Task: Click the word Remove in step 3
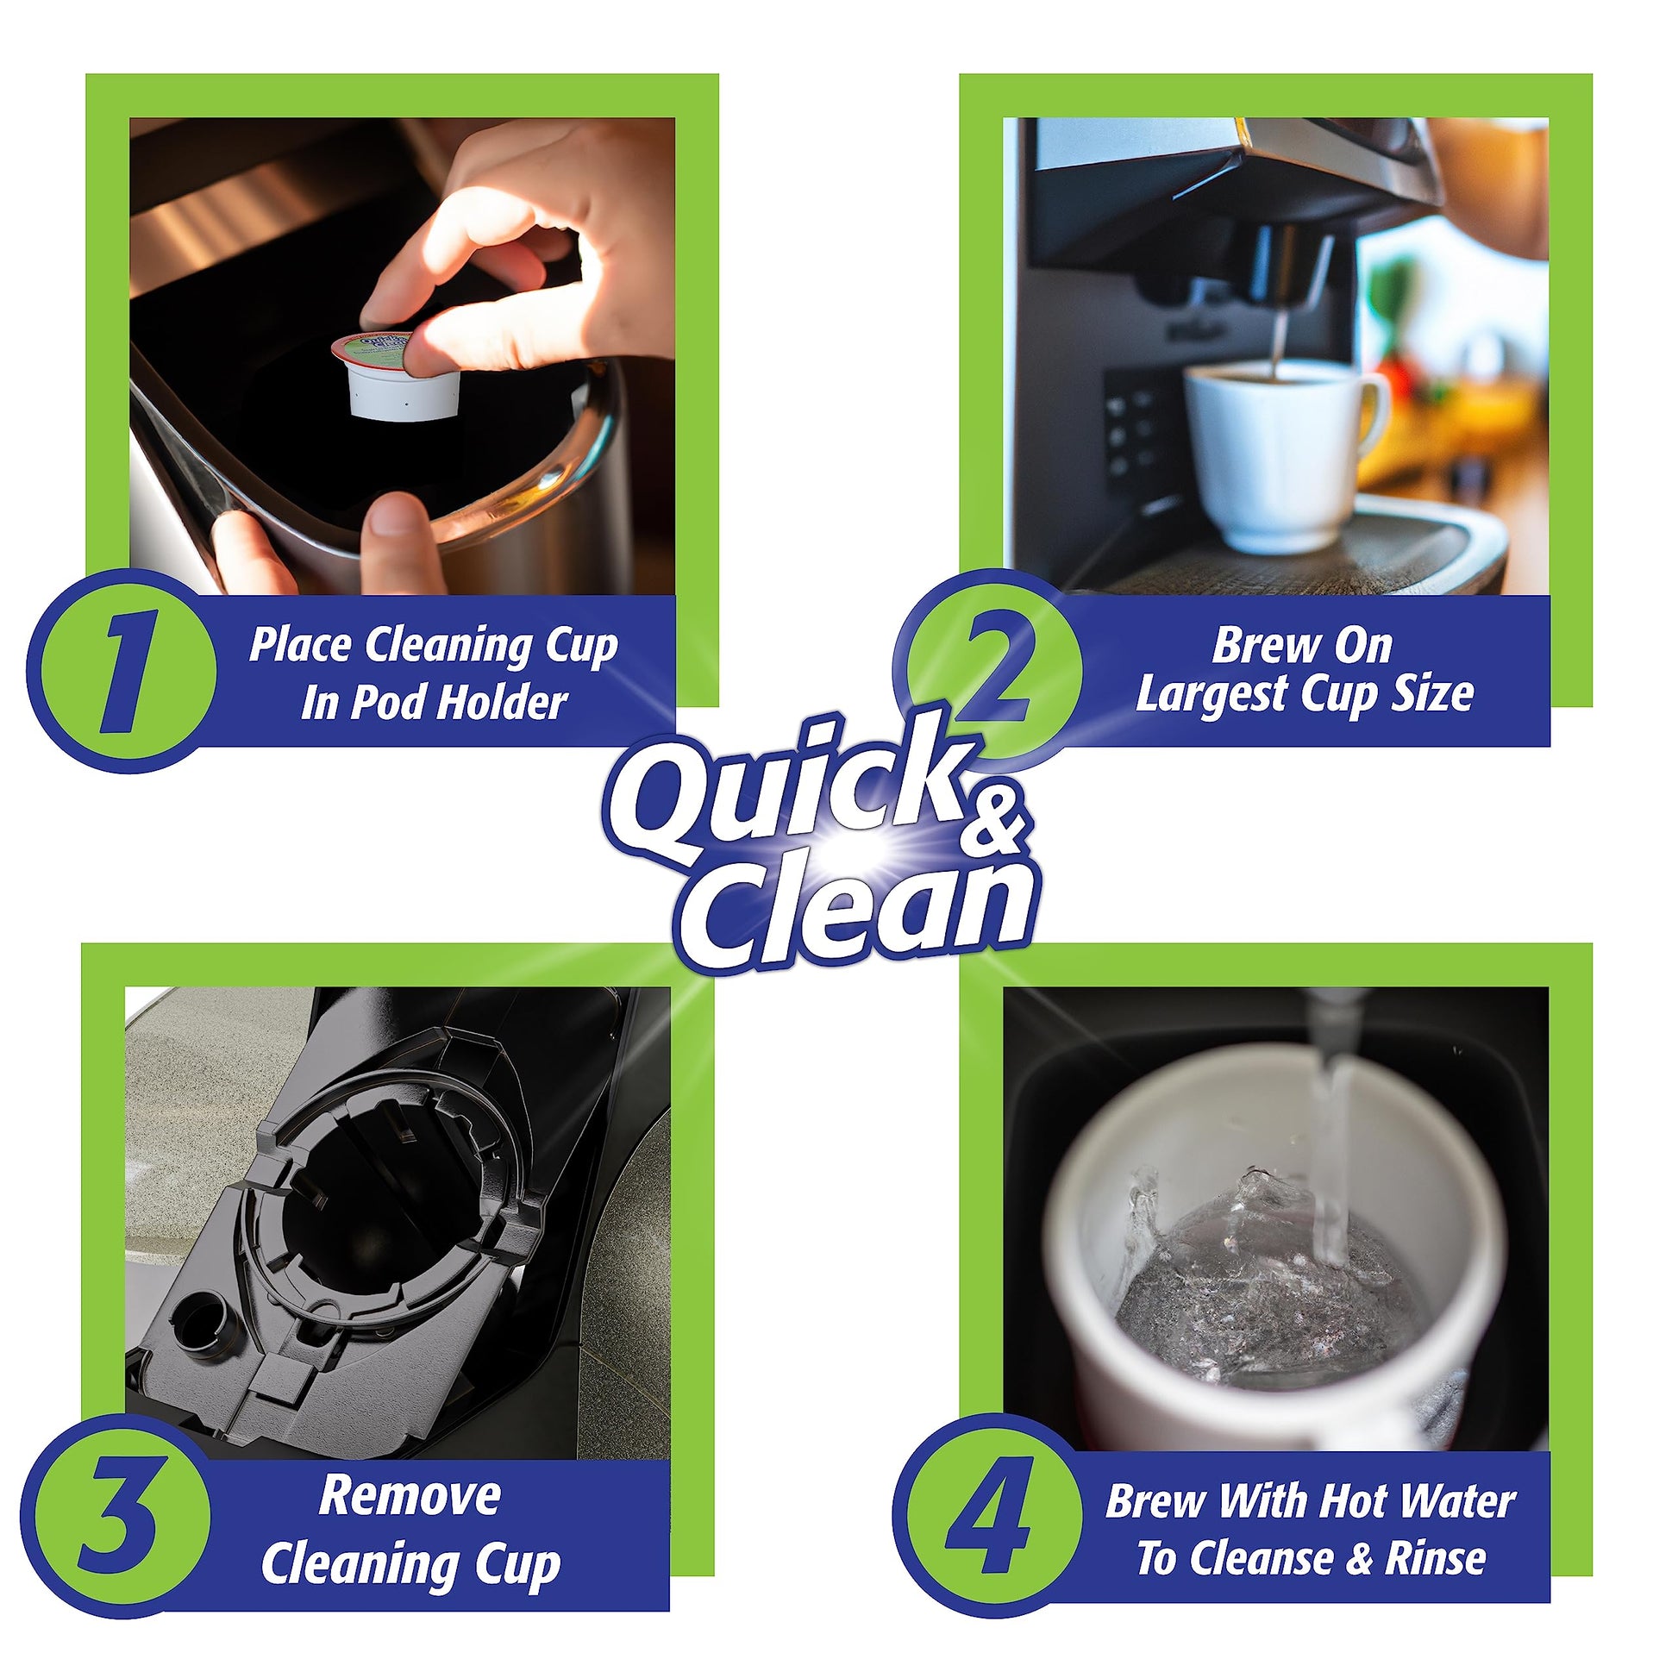coord(410,1495)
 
